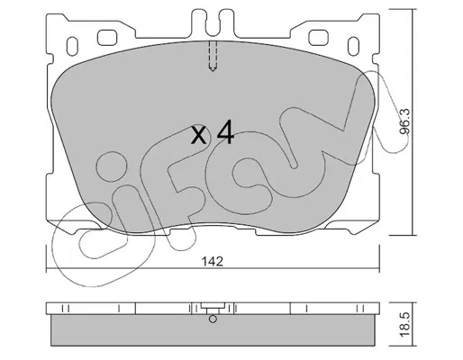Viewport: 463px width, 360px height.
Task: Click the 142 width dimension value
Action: (212, 262)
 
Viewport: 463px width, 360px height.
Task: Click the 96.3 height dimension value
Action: (404, 121)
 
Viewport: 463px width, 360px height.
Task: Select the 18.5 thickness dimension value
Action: (405, 325)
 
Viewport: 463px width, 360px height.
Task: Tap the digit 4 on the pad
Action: (225, 131)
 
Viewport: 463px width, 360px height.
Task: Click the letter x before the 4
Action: (199, 135)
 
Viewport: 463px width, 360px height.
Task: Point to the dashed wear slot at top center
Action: (213, 56)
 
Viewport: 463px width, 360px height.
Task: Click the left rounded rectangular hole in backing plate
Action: (107, 38)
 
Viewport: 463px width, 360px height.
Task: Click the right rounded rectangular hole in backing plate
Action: (318, 38)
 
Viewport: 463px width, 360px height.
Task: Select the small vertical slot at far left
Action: (72, 46)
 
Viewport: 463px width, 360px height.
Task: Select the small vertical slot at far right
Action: (353, 46)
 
